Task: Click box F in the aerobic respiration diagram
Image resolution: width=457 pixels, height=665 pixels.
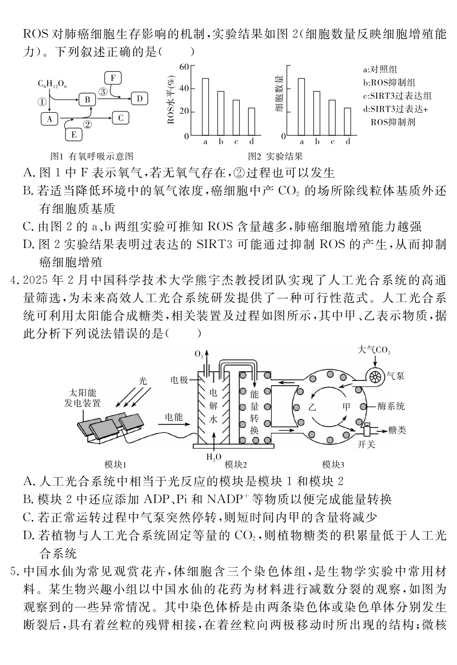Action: coord(113,78)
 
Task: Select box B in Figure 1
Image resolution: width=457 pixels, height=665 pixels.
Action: coord(88,100)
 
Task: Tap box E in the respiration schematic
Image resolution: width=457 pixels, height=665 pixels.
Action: coord(74,134)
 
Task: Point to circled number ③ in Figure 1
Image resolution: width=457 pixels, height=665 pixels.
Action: coord(102,91)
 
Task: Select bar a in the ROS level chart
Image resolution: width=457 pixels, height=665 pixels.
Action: coord(205,106)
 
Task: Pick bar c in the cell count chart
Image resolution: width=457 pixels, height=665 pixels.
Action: coord(332,117)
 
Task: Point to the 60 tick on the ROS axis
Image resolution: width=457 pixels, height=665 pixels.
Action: coord(183,66)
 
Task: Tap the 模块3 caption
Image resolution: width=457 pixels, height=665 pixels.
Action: coord(333,464)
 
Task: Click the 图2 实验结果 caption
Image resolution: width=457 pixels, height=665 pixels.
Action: coord(275,156)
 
